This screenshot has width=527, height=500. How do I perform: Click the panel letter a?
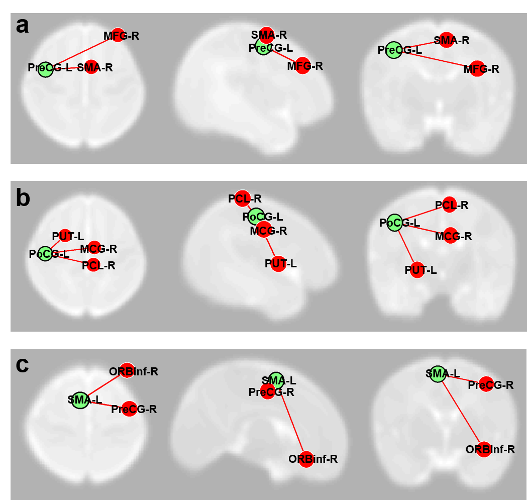tap(22, 25)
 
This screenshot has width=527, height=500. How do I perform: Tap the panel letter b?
tap(23, 198)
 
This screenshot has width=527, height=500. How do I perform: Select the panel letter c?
tap(23, 365)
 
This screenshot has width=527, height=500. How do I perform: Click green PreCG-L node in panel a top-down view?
tap(45, 69)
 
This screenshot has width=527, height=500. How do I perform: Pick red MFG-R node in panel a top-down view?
tap(118, 35)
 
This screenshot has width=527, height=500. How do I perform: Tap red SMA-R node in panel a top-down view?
tap(91, 67)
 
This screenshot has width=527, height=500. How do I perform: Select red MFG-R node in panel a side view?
tap(302, 66)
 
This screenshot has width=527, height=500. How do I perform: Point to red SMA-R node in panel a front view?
tap(447, 40)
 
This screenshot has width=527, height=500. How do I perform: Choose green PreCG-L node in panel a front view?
tap(394, 50)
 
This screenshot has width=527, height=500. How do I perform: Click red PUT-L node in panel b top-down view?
tap(65, 235)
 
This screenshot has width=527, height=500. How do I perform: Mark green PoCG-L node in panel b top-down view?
tap(45, 254)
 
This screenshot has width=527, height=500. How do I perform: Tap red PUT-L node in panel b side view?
tap(278, 264)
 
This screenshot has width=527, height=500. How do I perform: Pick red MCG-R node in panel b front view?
tap(450, 236)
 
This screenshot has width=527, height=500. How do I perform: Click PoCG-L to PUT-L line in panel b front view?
tap(406, 246)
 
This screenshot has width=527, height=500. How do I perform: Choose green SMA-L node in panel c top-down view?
tap(79, 401)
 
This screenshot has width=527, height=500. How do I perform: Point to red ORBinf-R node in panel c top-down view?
tap(127, 371)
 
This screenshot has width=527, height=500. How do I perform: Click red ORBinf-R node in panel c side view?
tap(306, 459)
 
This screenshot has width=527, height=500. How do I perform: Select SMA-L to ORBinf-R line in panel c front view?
tap(460, 412)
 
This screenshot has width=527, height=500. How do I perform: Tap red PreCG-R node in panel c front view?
tap(486, 384)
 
